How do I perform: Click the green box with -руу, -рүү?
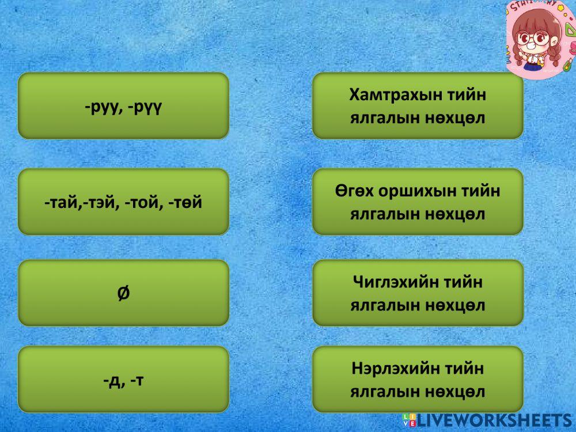[x=123, y=106]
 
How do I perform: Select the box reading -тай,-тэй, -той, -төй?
[x=123, y=202]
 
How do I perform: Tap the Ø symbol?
[x=123, y=293]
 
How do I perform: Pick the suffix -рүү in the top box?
[x=144, y=107]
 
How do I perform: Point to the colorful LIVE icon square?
[x=409, y=419]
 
